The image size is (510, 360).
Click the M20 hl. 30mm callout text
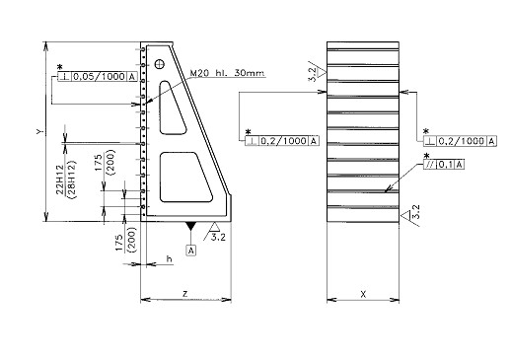pyautogui.click(x=227, y=73)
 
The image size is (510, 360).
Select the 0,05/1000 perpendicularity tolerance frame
pyautogui.click(x=97, y=77)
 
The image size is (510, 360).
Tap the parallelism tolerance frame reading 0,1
pyautogui.click(x=444, y=165)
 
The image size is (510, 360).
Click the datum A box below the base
pyautogui.click(x=191, y=251)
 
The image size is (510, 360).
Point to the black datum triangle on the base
pyautogui.click(x=190, y=226)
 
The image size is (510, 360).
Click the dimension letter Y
pyautogui.click(x=39, y=132)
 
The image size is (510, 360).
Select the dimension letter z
pyautogui.click(x=185, y=293)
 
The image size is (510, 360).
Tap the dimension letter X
pyautogui.click(x=363, y=294)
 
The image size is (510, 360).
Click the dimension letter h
pyautogui.click(x=169, y=259)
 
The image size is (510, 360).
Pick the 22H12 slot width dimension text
pyautogui.click(x=60, y=180)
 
